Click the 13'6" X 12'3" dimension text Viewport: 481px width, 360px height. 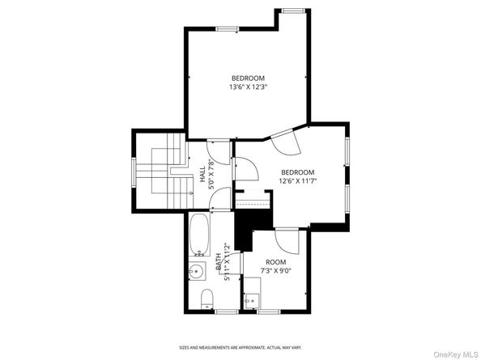(x=248, y=87)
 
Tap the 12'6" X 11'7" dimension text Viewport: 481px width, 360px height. (x=297, y=181)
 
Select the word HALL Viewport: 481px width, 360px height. (x=202, y=173)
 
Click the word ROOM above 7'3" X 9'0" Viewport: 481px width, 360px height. (x=276, y=262)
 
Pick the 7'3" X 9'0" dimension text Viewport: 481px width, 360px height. (x=276, y=271)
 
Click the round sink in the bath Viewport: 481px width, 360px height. (x=198, y=272)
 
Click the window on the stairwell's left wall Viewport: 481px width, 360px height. (x=134, y=172)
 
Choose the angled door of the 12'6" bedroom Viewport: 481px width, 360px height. (x=287, y=141)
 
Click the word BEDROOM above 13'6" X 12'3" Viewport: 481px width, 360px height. (x=248, y=78)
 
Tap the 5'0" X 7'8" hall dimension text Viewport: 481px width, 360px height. (x=211, y=173)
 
